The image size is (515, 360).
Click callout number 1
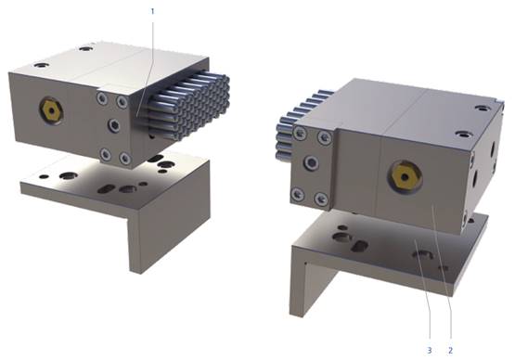[152, 12]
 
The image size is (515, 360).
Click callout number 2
[450, 351]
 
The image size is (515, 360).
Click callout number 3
[430, 351]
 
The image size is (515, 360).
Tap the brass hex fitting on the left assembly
[50, 109]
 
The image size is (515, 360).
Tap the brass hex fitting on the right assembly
[405, 177]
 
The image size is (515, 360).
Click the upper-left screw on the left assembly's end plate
[101, 98]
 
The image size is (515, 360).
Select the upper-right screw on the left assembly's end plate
[122, 101]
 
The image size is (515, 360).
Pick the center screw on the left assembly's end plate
[113, 125]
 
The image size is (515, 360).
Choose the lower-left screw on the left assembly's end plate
[105, 153]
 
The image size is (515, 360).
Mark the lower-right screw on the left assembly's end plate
[125, 159]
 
